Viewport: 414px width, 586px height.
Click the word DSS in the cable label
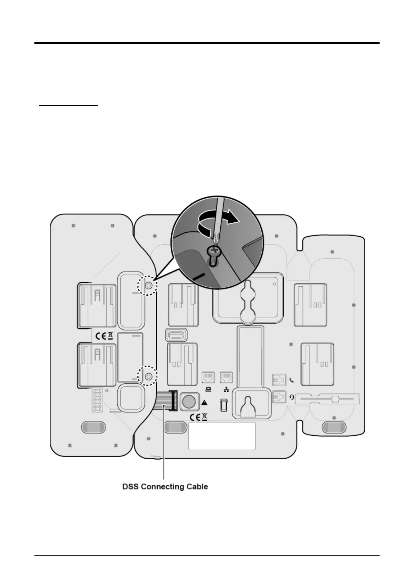[x=130, y=486]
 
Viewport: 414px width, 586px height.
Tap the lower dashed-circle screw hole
[x=148, y=376]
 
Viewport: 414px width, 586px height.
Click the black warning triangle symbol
[x=204, y=403]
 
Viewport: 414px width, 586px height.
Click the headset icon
[x=291, y=396]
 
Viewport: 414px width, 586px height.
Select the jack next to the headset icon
[x=279, y=396]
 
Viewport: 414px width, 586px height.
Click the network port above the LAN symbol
[x=227, y=377]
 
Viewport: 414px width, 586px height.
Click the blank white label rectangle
[x=222, y=436]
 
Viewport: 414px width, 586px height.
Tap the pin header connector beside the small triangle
[x=97, y=400]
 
